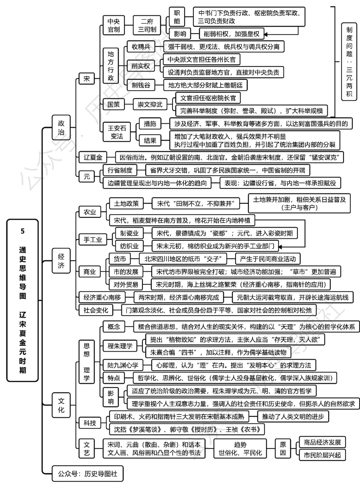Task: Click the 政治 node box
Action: coord(61,128)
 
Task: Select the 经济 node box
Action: coord(61,261)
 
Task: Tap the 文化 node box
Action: coord(61,405)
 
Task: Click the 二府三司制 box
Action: coord(147,25)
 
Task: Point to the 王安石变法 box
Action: coord(117,132)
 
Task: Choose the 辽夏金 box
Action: coord(93,157)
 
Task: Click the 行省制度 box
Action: coord(120,170)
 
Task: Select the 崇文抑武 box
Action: coord(150,104)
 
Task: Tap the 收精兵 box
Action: coord(141,47)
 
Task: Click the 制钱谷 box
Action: coord(141,85)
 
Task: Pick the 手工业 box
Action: coord(93,240)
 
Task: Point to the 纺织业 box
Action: coord(129,246)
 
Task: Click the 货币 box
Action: coord(120,259)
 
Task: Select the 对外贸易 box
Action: coord(126,284)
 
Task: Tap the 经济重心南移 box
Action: coord(102,297)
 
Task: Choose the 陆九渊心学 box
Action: coord(123,365)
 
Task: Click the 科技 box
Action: coord(90,423)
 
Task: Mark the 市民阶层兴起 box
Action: coord(322,455)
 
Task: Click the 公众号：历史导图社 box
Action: coord(87,473)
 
